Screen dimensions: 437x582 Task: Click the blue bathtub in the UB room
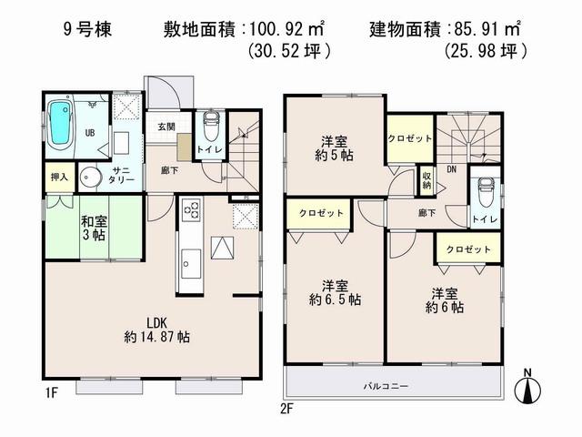[61, 125]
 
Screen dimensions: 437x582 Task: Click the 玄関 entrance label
[166, 127]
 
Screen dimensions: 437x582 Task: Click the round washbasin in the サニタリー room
[91, 176]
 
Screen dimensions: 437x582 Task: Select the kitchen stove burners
[193, 211]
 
